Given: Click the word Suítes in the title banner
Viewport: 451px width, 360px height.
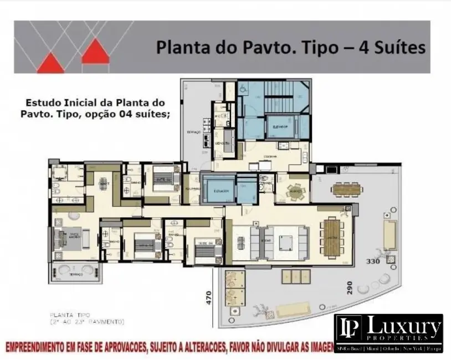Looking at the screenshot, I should pyautogui.click(x=398, y=47).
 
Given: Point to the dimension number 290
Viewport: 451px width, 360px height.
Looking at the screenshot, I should pyautogui.click(x=349, y=291).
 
